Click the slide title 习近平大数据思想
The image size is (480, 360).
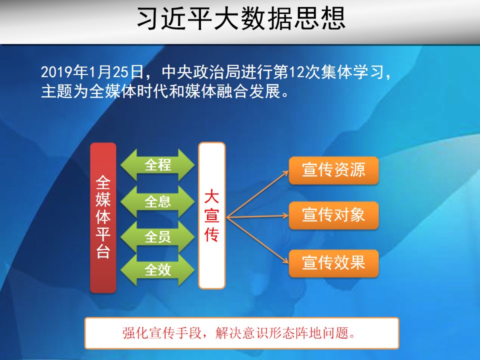241,18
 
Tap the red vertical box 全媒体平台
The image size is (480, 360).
103,217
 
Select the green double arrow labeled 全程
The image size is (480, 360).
157,164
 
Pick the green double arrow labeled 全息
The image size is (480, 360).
157,201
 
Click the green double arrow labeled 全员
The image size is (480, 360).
157,237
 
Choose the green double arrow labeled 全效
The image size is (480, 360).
157,270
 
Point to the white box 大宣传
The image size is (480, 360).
212,215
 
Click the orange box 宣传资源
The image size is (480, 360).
333,170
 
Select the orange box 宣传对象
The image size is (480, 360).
333,215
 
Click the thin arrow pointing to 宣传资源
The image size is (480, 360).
258,194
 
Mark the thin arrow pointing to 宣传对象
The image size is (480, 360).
258,216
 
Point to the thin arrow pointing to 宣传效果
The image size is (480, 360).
258,240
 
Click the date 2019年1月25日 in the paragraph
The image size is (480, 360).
92,72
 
